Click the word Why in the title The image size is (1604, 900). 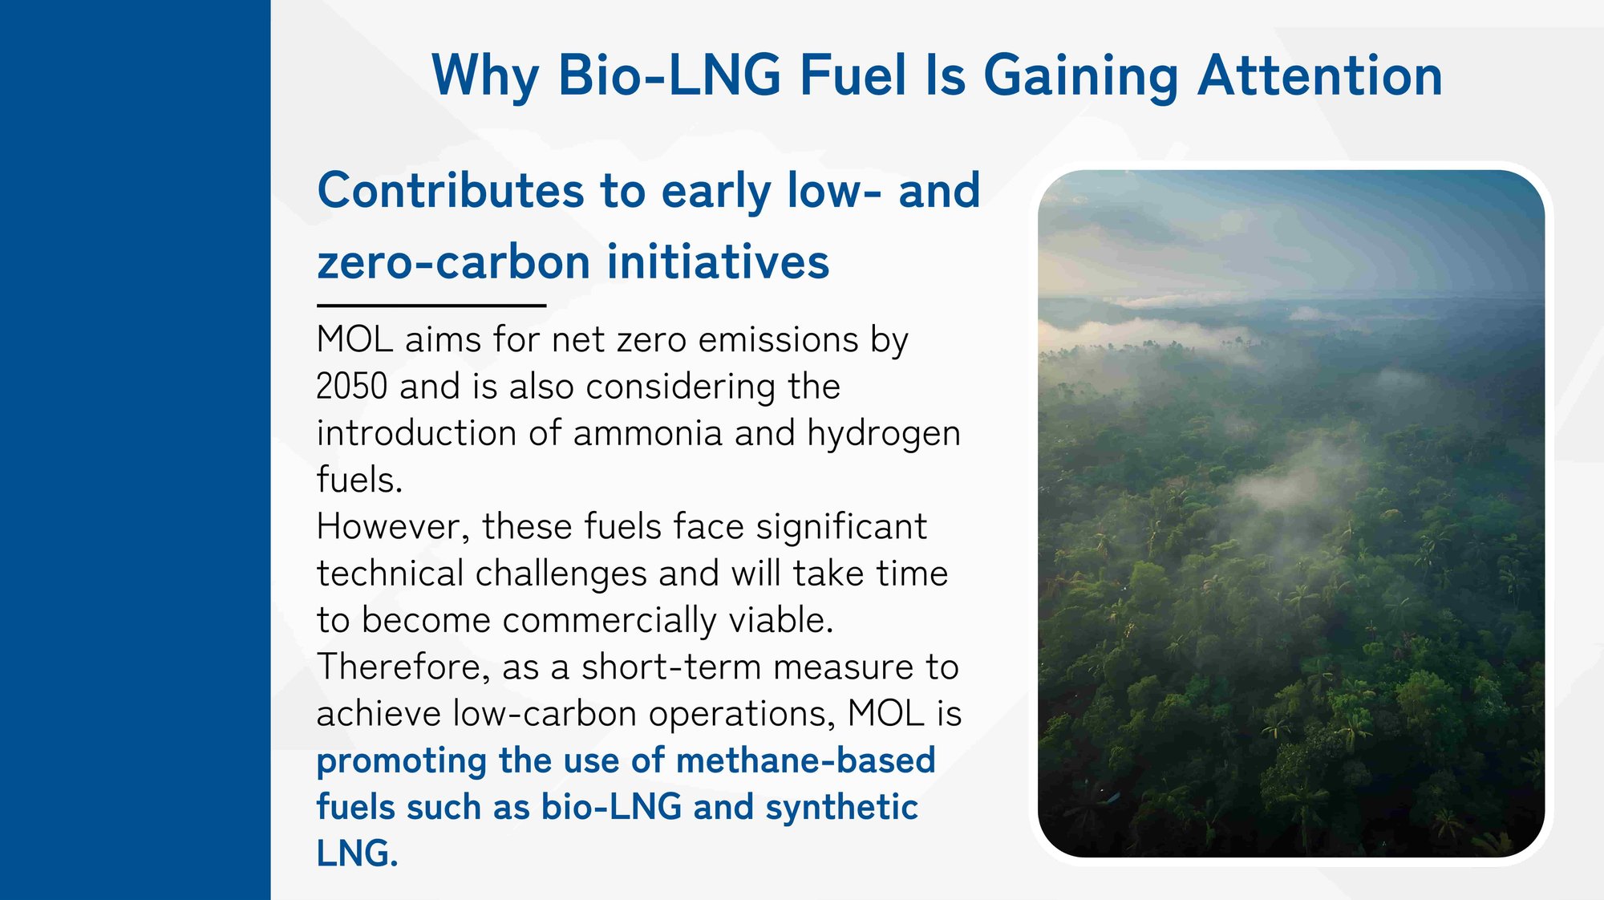(485, 76)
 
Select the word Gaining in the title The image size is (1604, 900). (1080, 76)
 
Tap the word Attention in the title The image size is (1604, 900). (1319, 76)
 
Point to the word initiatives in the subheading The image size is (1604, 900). (718, 262)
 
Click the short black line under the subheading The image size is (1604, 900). (431, 306)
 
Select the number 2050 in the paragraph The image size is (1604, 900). (352, 387)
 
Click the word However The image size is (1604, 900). (393, 527)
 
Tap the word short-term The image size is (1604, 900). (671, 667)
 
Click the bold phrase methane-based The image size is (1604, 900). (806, 760)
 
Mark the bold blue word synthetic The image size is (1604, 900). (841, 808)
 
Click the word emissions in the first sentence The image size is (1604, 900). (779, 340)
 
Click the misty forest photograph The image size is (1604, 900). (1291, 513)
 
